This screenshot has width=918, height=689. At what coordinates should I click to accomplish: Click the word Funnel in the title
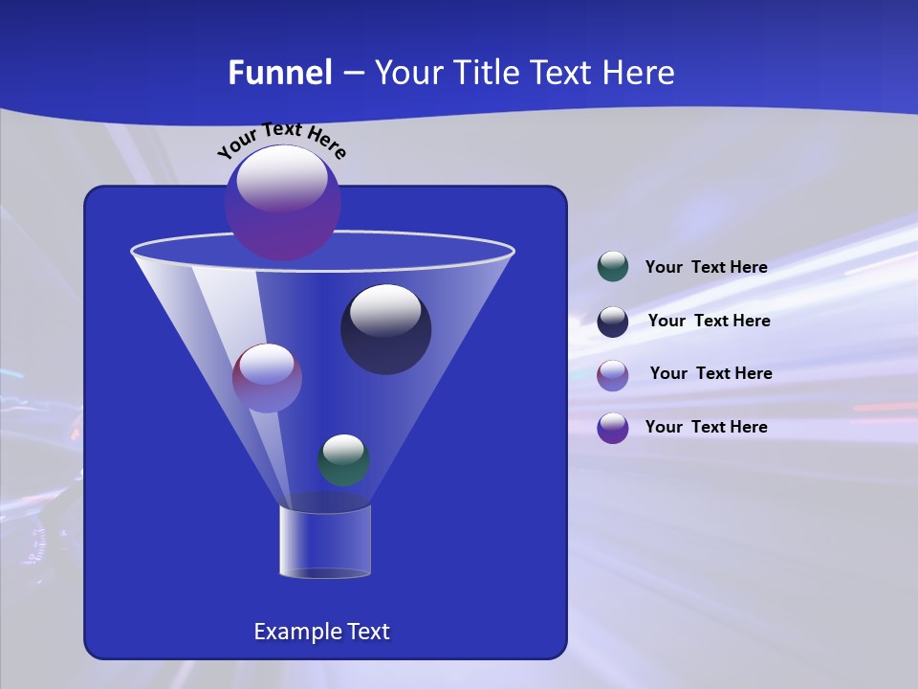point(279,73)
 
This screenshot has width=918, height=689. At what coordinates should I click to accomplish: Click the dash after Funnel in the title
point(353,73)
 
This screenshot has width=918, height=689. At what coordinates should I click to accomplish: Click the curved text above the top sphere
point(282,140)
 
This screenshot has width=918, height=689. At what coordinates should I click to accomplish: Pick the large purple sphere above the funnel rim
point(282,202)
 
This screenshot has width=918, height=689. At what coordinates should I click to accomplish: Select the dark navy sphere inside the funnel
point(385,329)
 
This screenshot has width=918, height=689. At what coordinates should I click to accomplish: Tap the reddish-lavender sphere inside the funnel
point(267,378)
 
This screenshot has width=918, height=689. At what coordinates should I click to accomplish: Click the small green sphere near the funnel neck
point(343,459)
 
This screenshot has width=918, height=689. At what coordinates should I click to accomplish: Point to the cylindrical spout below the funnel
point(325,542)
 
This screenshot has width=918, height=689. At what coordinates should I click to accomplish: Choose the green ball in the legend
point(613,267)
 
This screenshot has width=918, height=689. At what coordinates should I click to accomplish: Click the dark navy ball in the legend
point(613,322)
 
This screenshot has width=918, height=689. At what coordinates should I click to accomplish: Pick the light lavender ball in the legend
point(613,374)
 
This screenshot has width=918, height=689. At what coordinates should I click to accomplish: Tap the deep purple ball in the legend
point(613,428)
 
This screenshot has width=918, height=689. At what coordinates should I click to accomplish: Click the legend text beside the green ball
point(706,268)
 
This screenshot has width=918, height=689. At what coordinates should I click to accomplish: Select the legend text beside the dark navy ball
point(709,322)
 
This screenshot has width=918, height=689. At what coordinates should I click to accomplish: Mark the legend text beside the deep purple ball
point(706,427)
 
